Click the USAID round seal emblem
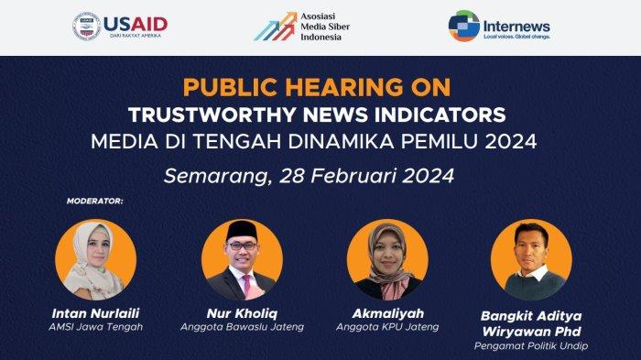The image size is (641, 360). click(87, 26)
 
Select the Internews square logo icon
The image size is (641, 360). click(464, 26)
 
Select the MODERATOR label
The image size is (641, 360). click(95, 199)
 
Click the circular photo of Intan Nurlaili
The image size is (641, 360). click(95, 259)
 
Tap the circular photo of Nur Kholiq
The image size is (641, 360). click(242, 259)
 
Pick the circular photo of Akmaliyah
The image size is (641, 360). click(387, 259)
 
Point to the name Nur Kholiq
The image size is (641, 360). click(242, 312)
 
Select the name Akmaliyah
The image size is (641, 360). click(387, 312)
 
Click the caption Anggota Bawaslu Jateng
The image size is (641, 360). click(242, 327)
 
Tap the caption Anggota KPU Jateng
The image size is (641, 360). click(387, 327)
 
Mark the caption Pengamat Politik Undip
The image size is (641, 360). click(531, 345)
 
